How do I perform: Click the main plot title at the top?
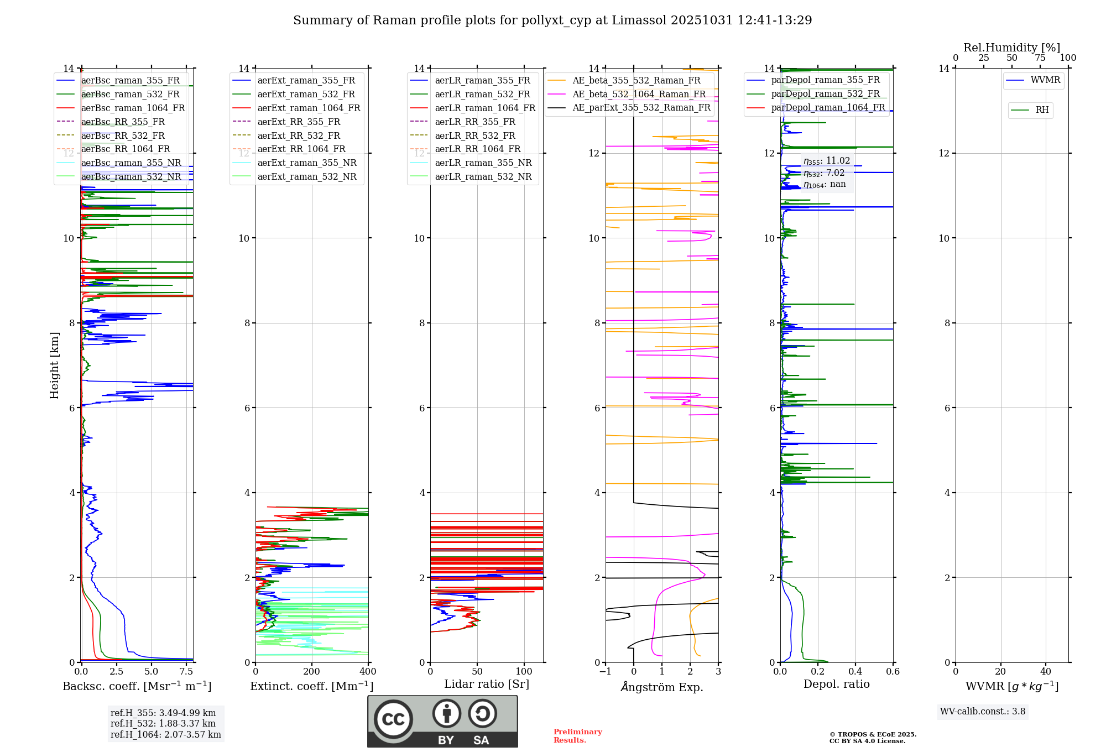[x=552, y=20]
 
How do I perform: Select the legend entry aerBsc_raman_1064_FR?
[x=133, y=108]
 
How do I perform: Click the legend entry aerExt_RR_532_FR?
[x=299, y=135]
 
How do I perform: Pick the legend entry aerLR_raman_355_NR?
[x=483, y=163]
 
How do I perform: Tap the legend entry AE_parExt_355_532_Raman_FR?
[x=641, y=107]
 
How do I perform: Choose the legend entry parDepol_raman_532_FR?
[x=825, y=93]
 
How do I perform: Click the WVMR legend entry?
[x=1045, y=80]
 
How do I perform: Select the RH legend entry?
[x=1042, y=110]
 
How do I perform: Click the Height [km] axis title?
[x=54, y=365]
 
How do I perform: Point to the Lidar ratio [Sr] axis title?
[x=487, y=684]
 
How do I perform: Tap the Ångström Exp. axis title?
[x=662, y=687]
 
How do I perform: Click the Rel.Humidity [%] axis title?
[x=1011, y=48]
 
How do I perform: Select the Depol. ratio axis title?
[x=836, y=684]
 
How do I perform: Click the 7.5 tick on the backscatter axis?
[x=186, y=672]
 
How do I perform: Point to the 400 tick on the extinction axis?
[x=368, y=672]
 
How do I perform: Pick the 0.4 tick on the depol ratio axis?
[x=855, y=672]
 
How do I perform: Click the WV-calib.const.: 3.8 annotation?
[x=983, y=712]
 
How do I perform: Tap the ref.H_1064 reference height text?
[x=165, y=735]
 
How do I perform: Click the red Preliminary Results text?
[x=577, y=736]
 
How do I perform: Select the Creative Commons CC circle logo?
[x=393, y=719]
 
